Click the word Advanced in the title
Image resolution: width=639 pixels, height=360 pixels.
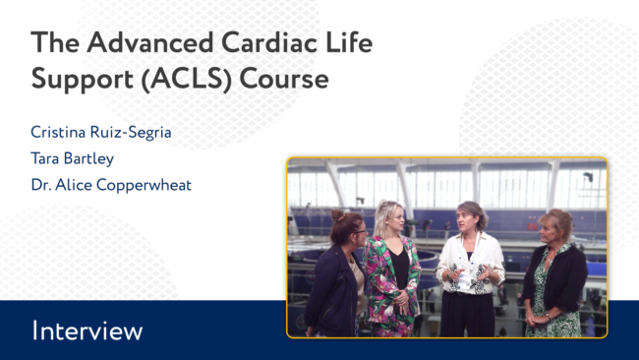150,42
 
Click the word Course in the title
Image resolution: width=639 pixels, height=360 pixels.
284,79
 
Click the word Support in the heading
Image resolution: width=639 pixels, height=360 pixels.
82,80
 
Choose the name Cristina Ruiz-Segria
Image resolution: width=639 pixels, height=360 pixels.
101,133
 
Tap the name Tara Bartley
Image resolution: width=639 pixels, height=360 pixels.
72,158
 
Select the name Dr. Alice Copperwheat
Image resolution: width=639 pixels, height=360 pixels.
111,185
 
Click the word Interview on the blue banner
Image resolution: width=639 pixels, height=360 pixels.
87,330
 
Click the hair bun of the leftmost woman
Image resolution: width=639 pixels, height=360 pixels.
337,214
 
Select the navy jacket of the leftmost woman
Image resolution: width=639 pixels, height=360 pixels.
332,289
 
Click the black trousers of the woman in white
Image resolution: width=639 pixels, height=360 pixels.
467,314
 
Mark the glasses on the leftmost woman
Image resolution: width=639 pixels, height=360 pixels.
360,231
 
